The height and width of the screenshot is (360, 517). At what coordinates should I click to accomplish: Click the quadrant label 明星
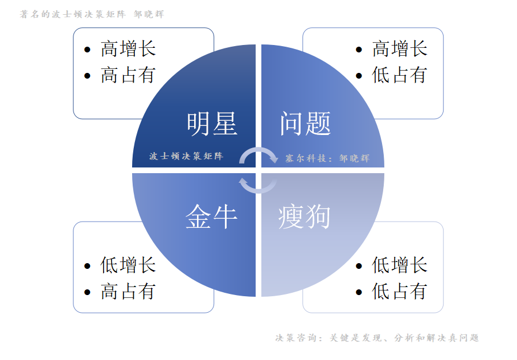pyautogui.click(x=212, y=123)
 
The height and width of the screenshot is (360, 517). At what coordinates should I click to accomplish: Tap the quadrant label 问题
pyautogui.click(x=305, y=123)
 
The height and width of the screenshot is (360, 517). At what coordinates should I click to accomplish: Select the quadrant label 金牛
pyautogui.click(x=211, y=216)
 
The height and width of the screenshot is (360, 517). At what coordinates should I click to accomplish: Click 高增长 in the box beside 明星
pyautogui.click(x=128, y=49)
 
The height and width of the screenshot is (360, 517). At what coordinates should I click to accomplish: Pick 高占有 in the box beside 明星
pyautogui.click(x=128, y=75)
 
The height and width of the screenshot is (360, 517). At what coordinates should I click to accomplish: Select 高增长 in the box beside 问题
pyautogui.click(x=400, y=49)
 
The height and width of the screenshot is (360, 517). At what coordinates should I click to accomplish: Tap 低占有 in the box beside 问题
pyautogui.click(x=400, y=75)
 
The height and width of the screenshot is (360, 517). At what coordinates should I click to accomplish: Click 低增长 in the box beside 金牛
pyautogui.click(x=128, y=265)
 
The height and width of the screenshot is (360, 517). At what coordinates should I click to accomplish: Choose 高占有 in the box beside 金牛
pyautogui.click(x=128, y=292)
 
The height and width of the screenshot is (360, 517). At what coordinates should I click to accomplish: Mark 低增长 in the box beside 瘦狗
pyautogui.click(x=400, y=265)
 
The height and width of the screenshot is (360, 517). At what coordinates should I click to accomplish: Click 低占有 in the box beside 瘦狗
pyautogui.click(x=400, y=292)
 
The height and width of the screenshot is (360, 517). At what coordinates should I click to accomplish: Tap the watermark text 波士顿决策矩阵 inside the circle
pyautogui.click(x=186, y=156)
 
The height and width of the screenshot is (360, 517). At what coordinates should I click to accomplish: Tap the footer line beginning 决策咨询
pyautogui.click(x=377, y=338)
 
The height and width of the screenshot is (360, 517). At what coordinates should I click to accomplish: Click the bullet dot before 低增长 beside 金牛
pyautogui.click(x=87, y=266)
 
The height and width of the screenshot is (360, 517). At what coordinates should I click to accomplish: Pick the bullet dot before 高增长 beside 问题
pyautogui.click(x=359, y=50)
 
